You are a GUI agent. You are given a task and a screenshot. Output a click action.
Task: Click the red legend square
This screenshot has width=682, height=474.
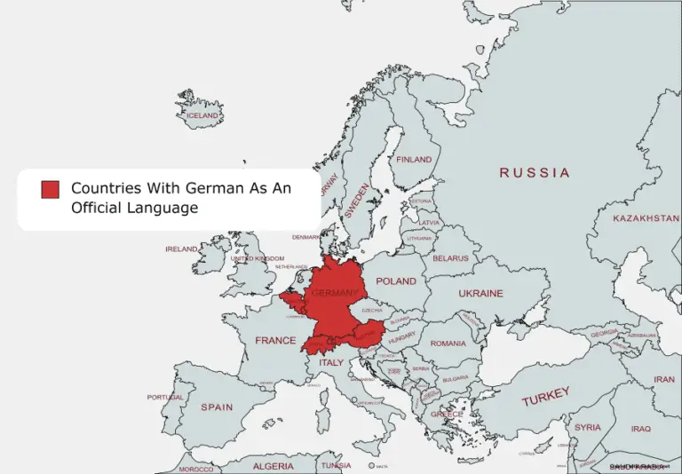50,189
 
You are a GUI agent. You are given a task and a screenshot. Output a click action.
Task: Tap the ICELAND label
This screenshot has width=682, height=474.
201,115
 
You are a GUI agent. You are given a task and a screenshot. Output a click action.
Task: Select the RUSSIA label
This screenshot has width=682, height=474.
534,172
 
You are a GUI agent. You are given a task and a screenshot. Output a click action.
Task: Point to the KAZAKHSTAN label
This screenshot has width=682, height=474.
646,217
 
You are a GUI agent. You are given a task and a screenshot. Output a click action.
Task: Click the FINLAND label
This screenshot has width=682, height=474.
414,160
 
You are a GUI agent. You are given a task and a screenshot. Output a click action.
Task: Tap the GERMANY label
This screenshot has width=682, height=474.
335,292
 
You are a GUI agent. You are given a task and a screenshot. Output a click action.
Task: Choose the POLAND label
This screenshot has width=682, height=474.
396,280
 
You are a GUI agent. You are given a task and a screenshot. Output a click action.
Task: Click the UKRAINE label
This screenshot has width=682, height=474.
480,293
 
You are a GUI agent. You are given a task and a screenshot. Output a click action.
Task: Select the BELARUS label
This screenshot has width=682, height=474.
450,258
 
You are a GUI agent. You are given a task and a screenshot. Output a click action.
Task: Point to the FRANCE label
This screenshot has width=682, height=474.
275,340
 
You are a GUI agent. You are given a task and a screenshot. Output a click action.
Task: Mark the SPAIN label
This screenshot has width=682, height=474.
217,407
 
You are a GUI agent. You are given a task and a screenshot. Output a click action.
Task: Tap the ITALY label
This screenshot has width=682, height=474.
331,362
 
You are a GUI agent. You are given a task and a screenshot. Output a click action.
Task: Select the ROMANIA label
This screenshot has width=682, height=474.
448,343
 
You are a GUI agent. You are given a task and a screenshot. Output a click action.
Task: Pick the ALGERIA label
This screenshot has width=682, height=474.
273,466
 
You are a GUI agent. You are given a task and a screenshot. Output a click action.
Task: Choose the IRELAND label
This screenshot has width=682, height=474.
181,249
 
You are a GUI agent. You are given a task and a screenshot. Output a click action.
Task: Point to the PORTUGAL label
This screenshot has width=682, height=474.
165,397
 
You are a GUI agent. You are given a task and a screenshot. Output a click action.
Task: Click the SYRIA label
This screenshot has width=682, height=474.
587,427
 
